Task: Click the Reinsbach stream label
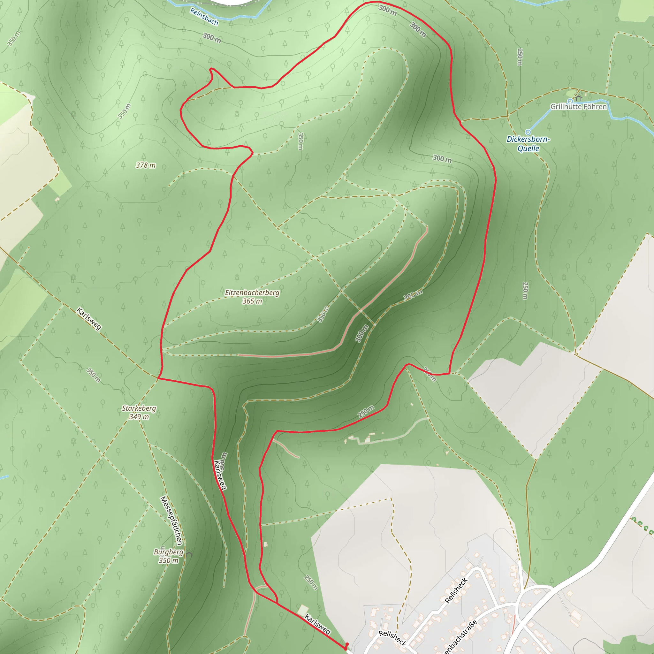click(x=204, y=17)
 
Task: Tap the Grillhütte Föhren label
click(x=579, y=107)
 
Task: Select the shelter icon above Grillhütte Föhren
click(x=578, y=98)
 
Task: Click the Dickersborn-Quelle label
click(x=528, y=143)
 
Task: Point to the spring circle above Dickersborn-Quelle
click(x=528, y=132)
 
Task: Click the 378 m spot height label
click(x=146, y=165)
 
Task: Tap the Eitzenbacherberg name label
click(x=252, y=293)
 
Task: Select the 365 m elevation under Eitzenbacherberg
click(x=252, y=301)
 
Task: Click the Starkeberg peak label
click(x=139, y=408)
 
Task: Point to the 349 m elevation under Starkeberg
click(x=139, y=417)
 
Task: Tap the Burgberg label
click(x=168, y=552)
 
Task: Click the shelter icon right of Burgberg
click(x=189, y=554)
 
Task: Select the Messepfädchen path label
click(x=171, y=521)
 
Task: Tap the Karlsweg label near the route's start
click(x=317, y=624)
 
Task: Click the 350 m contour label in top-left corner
click(x=14, y=38)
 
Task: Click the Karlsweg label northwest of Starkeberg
click(x=89, y=318)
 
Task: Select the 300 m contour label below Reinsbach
click(x=212, y=38)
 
